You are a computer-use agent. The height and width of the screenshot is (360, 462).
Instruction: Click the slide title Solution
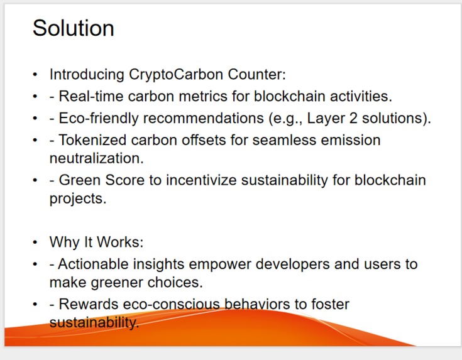73,28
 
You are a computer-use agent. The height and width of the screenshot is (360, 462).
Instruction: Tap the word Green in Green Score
81,180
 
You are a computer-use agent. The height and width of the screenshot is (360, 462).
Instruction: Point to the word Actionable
98,265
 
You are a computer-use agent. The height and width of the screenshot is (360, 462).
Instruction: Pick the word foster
329,305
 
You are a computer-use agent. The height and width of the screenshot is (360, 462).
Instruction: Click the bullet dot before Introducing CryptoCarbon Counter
35,75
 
